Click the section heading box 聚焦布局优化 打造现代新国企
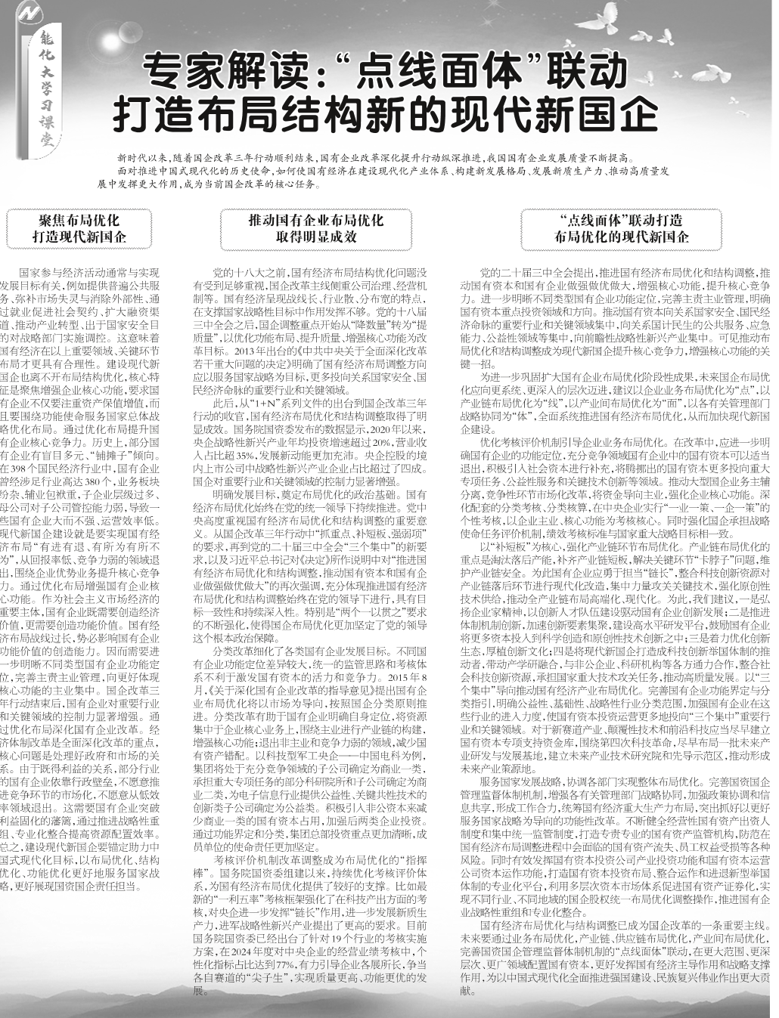[79, 228]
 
